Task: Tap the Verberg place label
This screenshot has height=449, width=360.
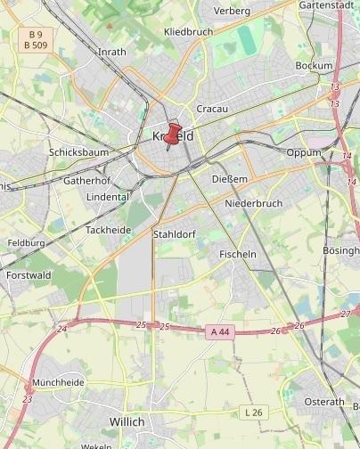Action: coord(233,11)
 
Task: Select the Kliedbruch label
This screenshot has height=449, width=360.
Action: coord(189,32)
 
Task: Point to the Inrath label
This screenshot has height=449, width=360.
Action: coord(111,52)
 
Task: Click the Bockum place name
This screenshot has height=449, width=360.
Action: coord(314,66)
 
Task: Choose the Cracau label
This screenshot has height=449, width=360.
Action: coord(212,109)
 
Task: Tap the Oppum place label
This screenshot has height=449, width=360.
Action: coord(304,152)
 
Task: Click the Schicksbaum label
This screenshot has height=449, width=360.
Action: coord(78,152)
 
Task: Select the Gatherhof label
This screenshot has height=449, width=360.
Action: coord(87,180)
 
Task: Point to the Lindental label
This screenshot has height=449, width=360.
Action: coord(108,196)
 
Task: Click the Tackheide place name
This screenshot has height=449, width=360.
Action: coord(108,230)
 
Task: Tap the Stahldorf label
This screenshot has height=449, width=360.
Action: coord(175,234)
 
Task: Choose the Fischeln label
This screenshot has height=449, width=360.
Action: coord(238,254)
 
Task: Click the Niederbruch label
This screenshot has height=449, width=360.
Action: coord(254,203)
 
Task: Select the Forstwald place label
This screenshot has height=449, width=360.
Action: coord(29,275)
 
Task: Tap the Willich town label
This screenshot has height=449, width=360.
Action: coord(126,420)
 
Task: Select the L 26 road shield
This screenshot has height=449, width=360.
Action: coord(254,412)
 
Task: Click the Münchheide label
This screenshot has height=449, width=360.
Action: coord(58,382)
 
